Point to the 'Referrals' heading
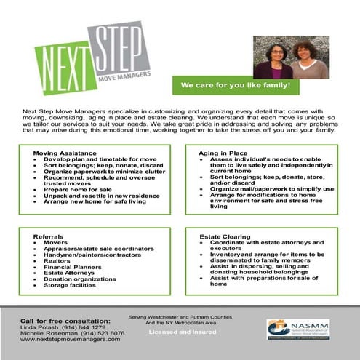click(49, 236)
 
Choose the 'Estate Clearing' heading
click(225, 236)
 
